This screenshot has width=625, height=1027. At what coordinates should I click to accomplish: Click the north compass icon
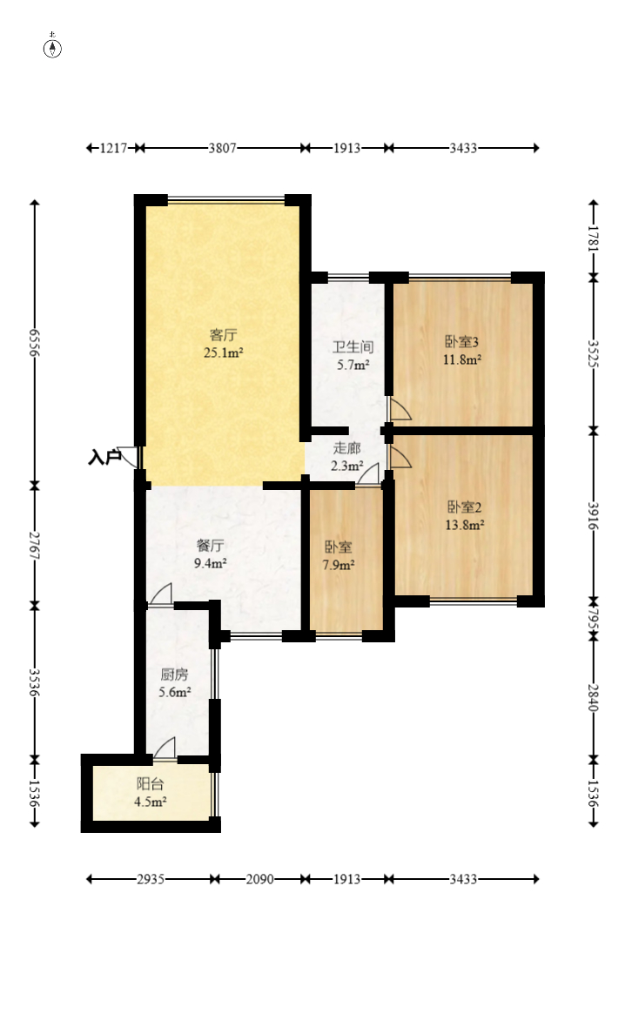52,46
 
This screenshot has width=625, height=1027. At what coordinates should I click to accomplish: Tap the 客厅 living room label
224,335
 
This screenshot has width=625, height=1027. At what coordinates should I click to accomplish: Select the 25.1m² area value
224,353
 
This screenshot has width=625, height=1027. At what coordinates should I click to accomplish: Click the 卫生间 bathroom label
353,347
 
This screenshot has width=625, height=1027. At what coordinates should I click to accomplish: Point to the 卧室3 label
462,342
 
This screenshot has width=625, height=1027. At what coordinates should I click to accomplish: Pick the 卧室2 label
465,507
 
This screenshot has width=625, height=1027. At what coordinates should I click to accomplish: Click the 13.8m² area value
465,525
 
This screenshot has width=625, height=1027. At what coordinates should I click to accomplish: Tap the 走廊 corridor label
346,448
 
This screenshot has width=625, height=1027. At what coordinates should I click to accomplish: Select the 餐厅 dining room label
211,546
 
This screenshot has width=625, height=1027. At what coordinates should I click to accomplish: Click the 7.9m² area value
338,565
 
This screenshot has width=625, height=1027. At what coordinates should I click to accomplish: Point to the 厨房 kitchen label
174,675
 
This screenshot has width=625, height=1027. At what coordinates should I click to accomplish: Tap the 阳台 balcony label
150,784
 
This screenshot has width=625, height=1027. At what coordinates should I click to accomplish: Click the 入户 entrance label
104,457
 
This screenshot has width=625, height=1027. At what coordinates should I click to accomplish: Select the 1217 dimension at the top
113,148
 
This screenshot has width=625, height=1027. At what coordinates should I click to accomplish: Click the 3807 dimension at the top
222,148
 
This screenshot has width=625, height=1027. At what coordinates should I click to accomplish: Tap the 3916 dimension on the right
593,516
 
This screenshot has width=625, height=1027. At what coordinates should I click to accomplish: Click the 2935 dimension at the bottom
151,879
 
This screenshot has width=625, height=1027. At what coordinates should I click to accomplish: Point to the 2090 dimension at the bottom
260,879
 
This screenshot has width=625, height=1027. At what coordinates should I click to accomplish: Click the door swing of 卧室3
400,409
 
